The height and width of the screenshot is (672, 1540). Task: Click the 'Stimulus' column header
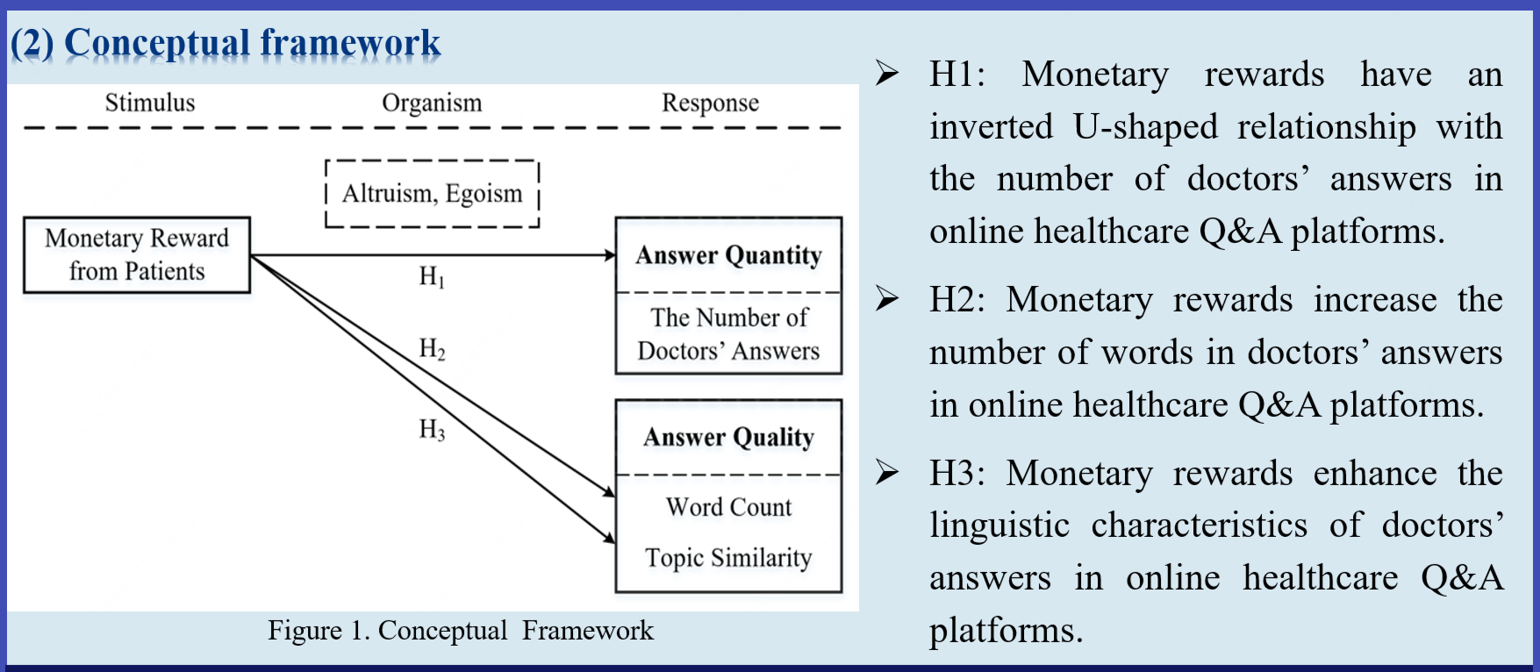[x=150, y=103]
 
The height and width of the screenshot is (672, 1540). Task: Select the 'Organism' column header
[x=432, y=103]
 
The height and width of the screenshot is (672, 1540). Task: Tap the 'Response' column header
[x=710, y=103]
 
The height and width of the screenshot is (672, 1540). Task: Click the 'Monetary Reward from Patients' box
[x=137, y=254]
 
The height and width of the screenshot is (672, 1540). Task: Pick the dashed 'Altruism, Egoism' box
[x=432, y=193]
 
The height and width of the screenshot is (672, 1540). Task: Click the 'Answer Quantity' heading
[x=728, y=255]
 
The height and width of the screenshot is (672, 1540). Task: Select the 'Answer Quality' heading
[x=728, y=437]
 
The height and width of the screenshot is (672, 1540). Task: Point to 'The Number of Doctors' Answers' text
[x=728, y=333]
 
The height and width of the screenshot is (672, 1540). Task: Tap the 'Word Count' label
[x=728, y=507]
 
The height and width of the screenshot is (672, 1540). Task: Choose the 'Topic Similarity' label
[x=728, y=557]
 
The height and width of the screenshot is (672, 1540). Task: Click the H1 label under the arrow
[x=431, y=277]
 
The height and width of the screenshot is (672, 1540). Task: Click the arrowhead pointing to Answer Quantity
[x=610, y=255]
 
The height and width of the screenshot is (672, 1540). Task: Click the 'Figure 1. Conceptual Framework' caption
[x=461, y=630]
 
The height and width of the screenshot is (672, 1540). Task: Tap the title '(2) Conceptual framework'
[x=226, y=42]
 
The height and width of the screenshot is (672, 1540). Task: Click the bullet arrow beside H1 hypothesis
[x=887, y=74]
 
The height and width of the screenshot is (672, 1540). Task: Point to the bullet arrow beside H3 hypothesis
[x=887, y=473]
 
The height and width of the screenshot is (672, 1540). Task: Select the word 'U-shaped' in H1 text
[x=1145, y=126]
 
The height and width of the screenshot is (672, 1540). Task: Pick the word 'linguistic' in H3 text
[x=999, y=525]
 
